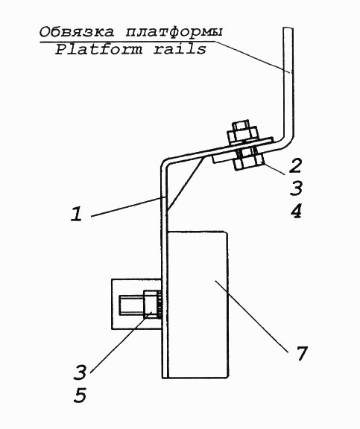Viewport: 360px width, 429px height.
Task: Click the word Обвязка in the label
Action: point(76,32)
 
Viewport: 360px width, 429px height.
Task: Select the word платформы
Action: point(174,32)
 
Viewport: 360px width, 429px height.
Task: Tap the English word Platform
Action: point(99,49)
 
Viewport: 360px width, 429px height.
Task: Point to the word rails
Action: point(180,49)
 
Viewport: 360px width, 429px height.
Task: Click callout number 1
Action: point(77,214)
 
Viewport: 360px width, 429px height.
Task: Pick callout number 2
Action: point(295,165)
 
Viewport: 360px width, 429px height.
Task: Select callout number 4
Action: point(296,211)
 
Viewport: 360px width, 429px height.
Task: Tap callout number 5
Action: point(80,395)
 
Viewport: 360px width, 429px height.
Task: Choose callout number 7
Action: point(301,353)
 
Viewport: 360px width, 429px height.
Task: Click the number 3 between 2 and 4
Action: point(296,188)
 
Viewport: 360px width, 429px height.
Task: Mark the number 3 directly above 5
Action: point(80,372)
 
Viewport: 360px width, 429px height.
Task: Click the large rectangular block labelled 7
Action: point(198,305)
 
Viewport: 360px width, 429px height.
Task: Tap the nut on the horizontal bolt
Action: point(151,304)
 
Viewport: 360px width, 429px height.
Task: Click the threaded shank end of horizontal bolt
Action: point(131,305)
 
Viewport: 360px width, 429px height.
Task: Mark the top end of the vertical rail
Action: point(288,28)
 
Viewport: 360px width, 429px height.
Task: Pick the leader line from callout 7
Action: point(251,316)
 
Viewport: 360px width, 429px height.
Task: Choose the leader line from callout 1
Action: point(128,206)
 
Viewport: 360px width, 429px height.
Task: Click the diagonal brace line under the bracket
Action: point(185,183)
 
